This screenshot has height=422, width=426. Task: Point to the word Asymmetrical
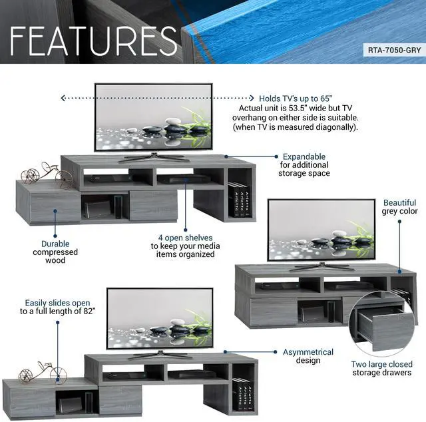click(308, 352)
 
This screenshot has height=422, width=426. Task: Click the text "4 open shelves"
click(185, 238)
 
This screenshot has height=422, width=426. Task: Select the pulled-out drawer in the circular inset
click(380, 327)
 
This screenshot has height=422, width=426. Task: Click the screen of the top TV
click(153, 117)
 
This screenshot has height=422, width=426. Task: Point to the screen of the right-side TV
click(321, 230)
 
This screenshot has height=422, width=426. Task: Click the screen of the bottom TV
click(160, 318)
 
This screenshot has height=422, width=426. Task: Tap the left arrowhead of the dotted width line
click(63, 98)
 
